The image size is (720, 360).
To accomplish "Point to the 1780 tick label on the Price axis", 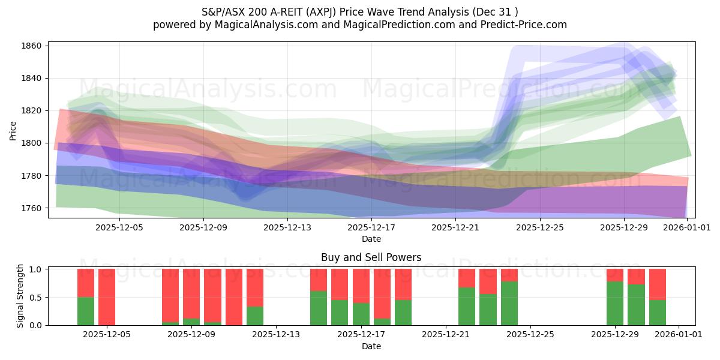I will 32,176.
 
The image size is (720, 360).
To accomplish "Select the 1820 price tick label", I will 32,111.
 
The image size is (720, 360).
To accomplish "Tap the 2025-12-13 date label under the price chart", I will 288,227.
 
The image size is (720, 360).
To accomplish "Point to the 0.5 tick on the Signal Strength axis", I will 36,298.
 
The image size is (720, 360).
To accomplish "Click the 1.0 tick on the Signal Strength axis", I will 36,269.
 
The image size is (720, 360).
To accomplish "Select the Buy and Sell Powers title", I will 371,257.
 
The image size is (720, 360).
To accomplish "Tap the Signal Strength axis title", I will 20,296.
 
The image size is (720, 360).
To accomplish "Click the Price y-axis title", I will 13,130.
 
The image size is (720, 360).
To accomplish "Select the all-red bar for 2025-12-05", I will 107,297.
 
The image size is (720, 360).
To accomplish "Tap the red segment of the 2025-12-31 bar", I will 658,284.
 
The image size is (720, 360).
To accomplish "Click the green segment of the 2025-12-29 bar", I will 615,303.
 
